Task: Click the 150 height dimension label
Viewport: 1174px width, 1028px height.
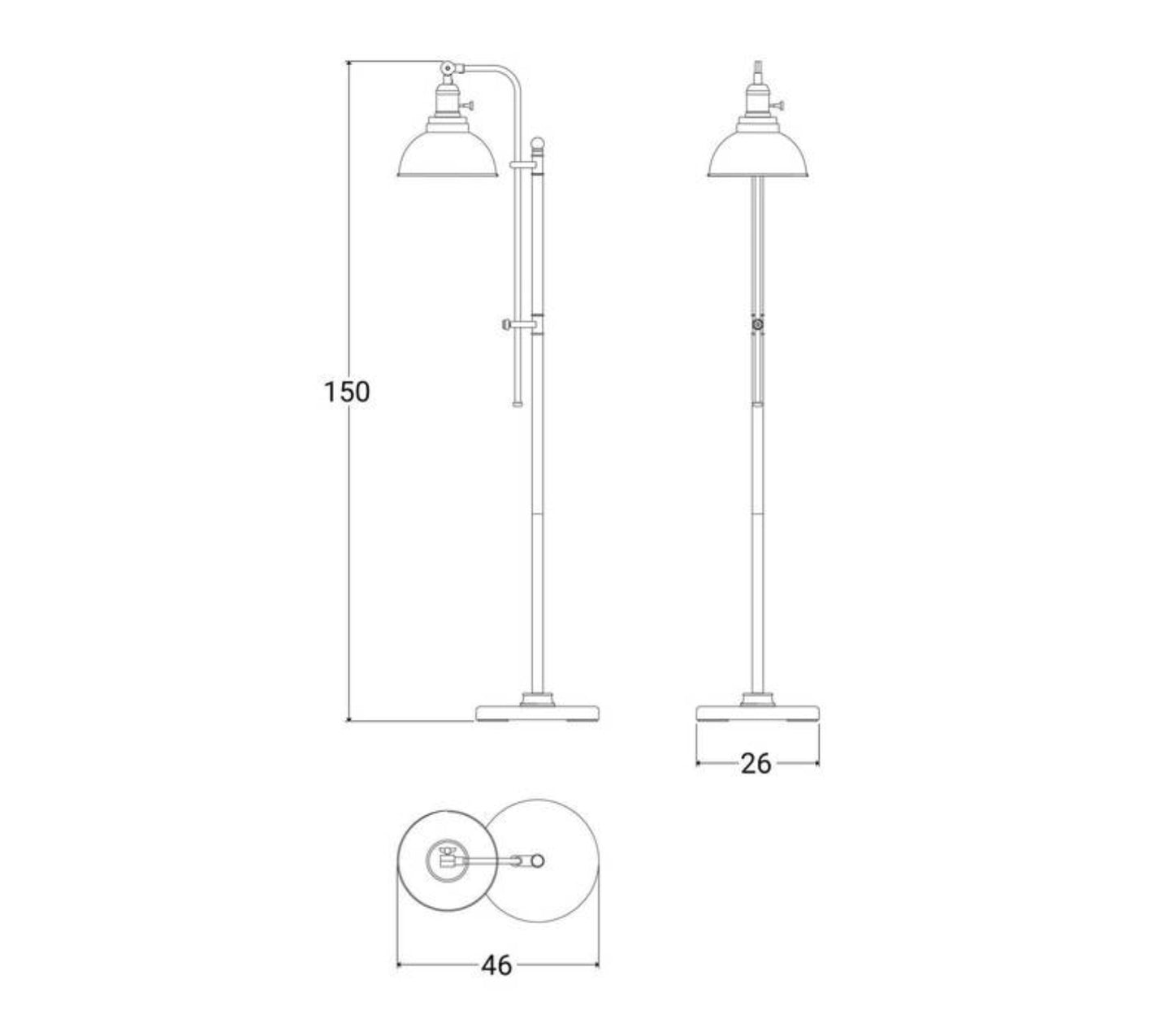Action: click(347, 392)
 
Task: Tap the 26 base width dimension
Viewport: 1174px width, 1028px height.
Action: click(756, 764)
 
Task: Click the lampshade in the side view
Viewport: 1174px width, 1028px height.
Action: click(447, 154)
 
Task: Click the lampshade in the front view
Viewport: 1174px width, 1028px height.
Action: click(757, 155)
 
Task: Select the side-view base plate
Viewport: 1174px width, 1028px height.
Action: click(538, 713)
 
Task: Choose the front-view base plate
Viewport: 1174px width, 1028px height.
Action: click(757, 713)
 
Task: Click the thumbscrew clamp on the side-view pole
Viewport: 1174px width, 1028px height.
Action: click(518, 326)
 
